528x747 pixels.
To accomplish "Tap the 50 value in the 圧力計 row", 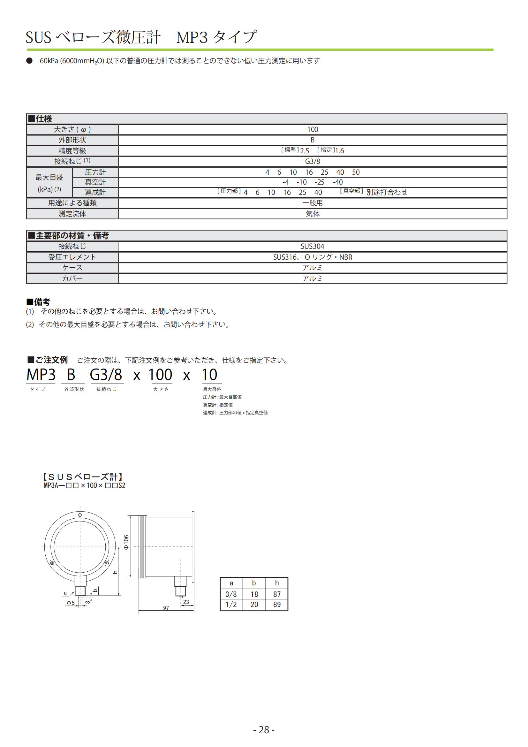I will pyautogui.click(x=356, y=172).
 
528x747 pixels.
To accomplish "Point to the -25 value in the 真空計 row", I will pyautogui.click(x=319, y=182).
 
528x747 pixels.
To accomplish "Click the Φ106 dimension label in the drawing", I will pyautogui.click(x=126, y=542).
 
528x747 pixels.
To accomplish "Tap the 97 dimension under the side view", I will pyautogui.click(x=166, y=608).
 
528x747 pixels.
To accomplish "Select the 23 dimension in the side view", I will pyautogui.click(x=186, y=602).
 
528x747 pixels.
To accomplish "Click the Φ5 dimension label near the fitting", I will pyautogui.click(x=71, y=603).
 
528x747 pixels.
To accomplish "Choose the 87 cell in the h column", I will pyautogui.click(x=277, y=594).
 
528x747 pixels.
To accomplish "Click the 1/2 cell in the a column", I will pyautogui.click(x=231, y=605).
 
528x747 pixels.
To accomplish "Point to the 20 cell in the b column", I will pyautogui.click(x=254, y=605).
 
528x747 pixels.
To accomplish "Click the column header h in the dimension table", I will pyautogui.click(x=277, y=583).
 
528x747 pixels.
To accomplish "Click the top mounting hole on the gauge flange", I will pyautogui.click(x=80, y=515).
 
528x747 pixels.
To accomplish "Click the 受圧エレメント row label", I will pyautogui.click(x=72, y=257).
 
